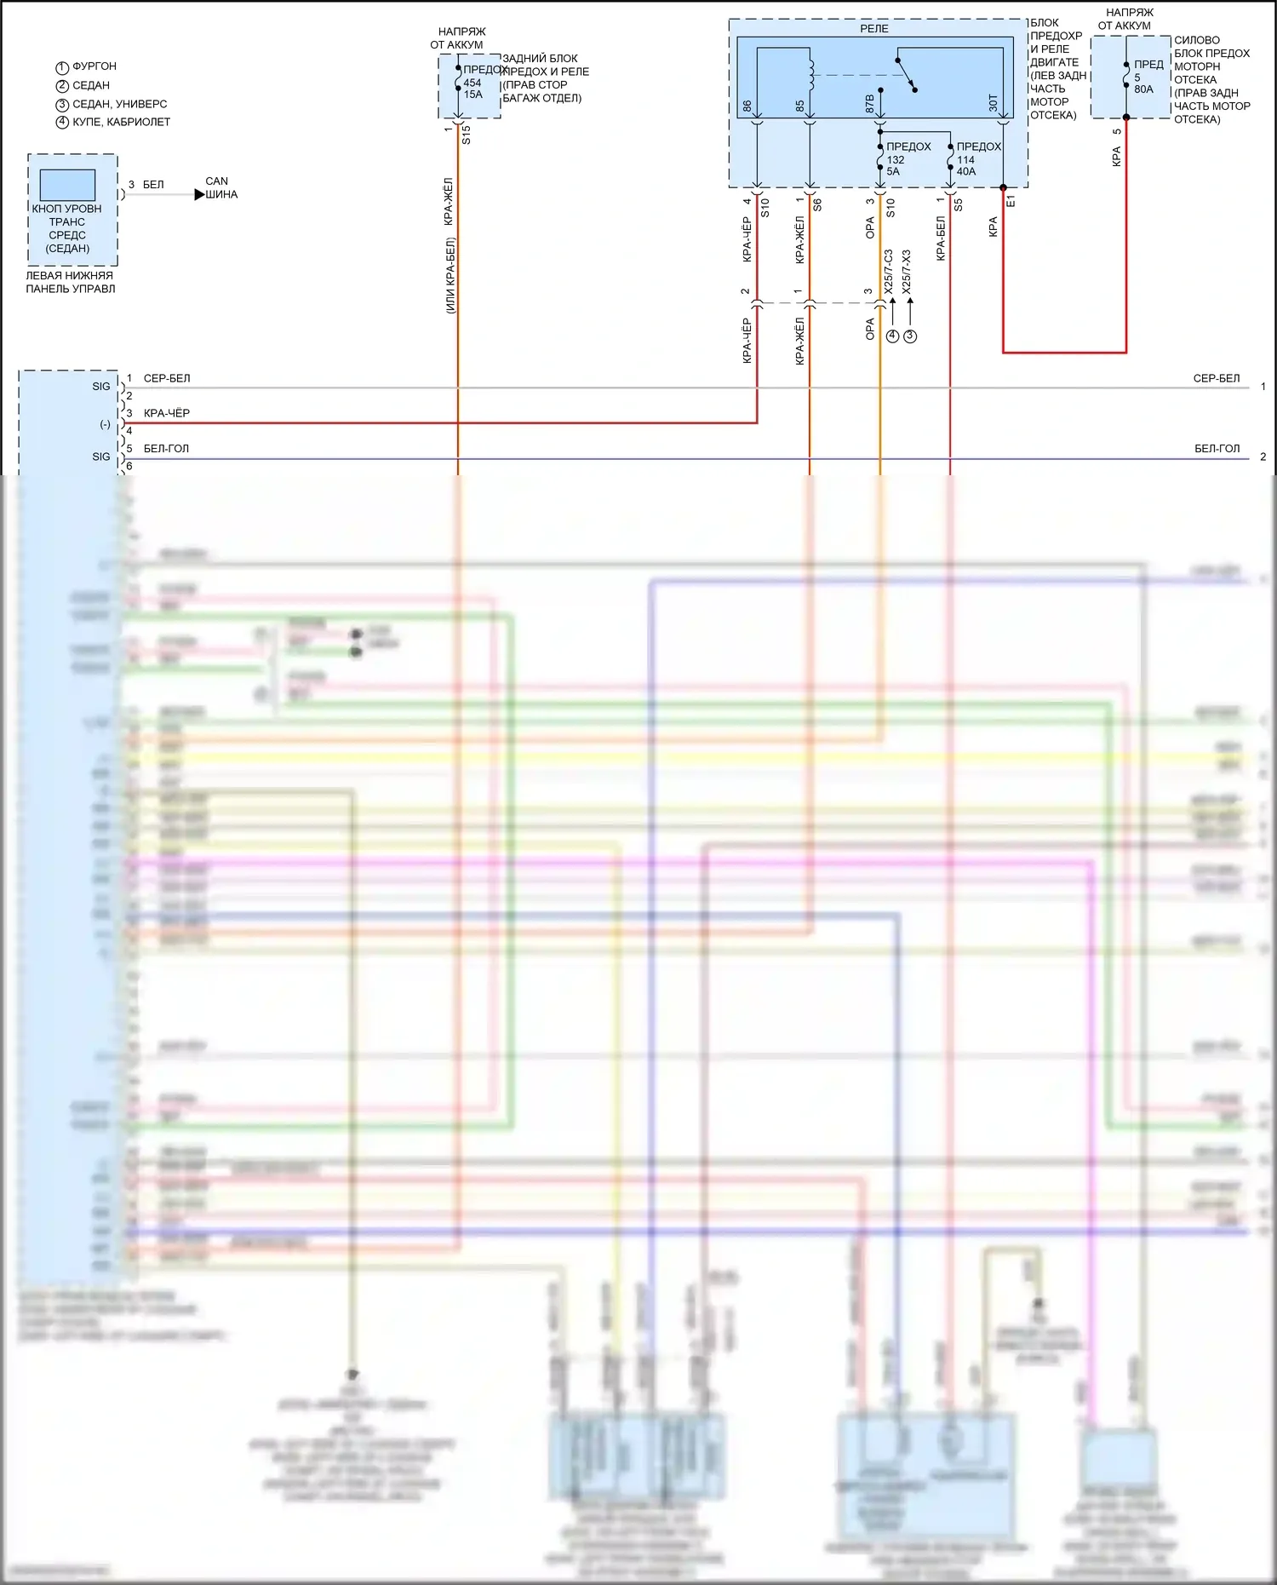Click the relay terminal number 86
click(x=747, y=106)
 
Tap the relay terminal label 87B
click(x=869, y=104)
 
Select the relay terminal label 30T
click(x=993, y=104)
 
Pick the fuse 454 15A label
click(x=472, y=89)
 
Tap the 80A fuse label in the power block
click(x=1143, y=89)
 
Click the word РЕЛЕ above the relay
click(x=874, y=29)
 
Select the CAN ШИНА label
click(x=220, y=188)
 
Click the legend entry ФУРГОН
click(x=94, y=66)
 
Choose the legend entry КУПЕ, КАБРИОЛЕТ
click(x=121, y=122)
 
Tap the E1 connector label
click(x=1011, y=201)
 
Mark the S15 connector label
click(x=467, y=135)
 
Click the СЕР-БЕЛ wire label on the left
click(x=167, y=378)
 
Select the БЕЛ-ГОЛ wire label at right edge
click(x=1217, y=449)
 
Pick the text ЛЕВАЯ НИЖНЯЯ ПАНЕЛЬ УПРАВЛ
click(x=70, y=282)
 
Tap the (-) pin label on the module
click(x=105, y=424)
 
